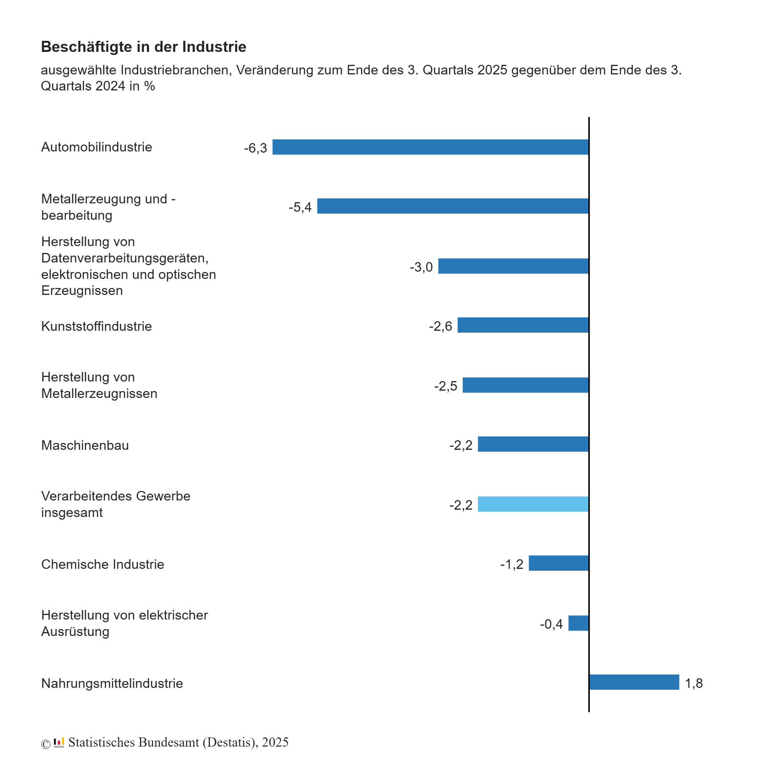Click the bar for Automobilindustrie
(x=430, y=147)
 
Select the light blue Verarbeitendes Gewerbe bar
(x=533, y=504)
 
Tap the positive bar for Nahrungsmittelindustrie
(x=634, y=682)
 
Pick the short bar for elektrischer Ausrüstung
(x=579, y=623)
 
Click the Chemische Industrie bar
(x=558, y=563)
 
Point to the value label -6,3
(x=256, y=148)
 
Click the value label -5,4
(x=300, y=207)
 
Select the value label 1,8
(x=694, y=683)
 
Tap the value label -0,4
(x=551, y=624)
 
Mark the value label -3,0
(x=421, y=267)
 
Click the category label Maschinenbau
(x=85, y=445)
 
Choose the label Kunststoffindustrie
(x=96, y=326)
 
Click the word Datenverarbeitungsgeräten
(x=125, y=258)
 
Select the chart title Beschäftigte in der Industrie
(x=143, y=47)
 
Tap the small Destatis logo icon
(x=59, y=742)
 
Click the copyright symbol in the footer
(x=46, y=744)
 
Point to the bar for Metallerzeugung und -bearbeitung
(x=453, y=206)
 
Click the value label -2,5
(x=445, y=386)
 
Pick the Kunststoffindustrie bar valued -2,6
(x=523, y=325)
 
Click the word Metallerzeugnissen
(x=99, y=394)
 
